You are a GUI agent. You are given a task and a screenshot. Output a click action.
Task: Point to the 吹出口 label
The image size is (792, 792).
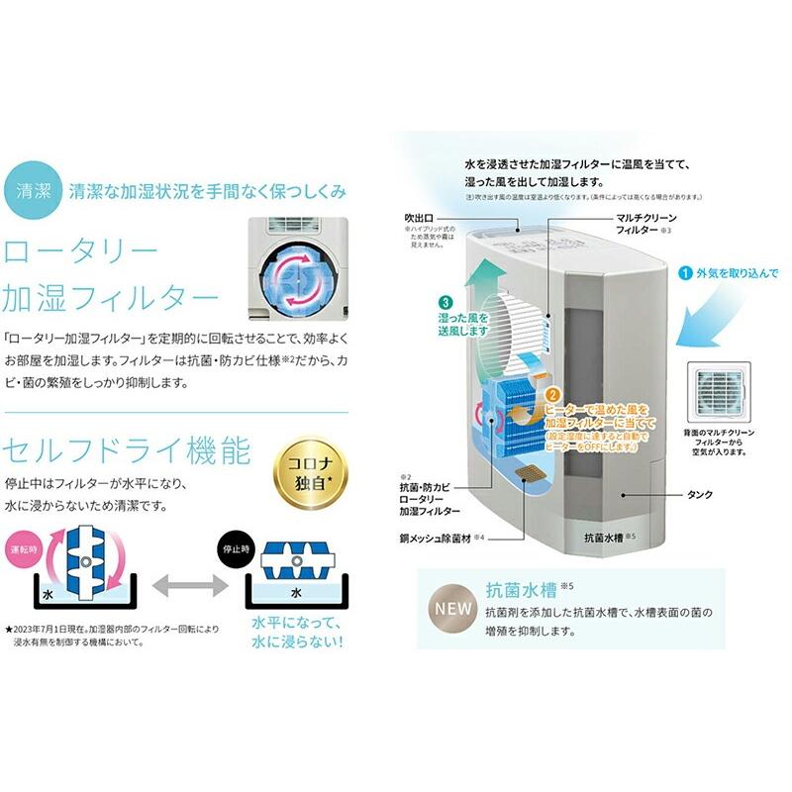point(421,216)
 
